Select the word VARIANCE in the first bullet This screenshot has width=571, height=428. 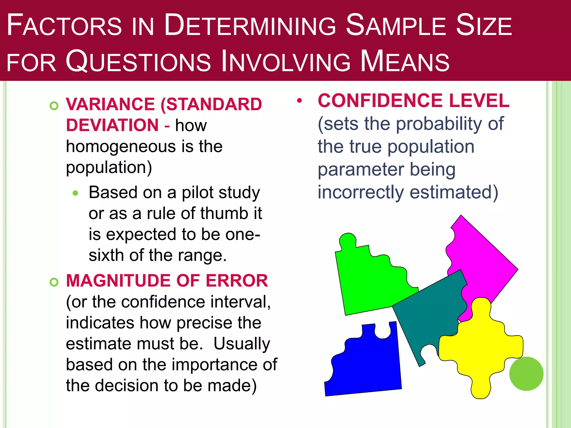(110, 104)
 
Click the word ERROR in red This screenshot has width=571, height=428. (237, 281)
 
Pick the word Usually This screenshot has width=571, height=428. (242, 344)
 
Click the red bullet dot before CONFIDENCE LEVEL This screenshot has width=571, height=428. (299, 101)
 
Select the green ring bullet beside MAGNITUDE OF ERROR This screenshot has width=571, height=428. (54, 282)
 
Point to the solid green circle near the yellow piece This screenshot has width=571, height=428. (526, 374)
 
